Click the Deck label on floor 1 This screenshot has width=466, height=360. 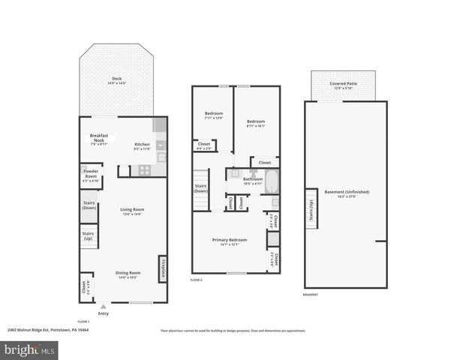tap(116, 80)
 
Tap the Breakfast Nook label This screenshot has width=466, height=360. tap(100, 139)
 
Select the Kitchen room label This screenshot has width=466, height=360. tap(142, 146)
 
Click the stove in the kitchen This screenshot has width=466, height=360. tap(143, 170)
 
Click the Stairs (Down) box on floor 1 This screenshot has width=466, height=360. tap(89, 205)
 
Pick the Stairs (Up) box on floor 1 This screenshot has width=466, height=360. tap(89, 236)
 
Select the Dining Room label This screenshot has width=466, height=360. tap(128, 274)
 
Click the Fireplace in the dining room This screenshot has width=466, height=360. tap(161, 269)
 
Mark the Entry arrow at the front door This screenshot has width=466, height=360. tap(103, 307)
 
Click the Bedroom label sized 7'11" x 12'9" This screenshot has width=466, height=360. tap(214, 115)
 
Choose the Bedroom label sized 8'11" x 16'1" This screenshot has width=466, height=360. tap(257, 124)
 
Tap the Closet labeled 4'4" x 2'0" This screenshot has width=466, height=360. tap(204, 145)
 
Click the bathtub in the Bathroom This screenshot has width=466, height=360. tap(272, 181)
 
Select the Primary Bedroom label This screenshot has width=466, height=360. tap(229, 241)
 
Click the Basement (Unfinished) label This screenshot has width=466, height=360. tap(346, 193)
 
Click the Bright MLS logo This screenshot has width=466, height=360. tap(30, 349)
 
